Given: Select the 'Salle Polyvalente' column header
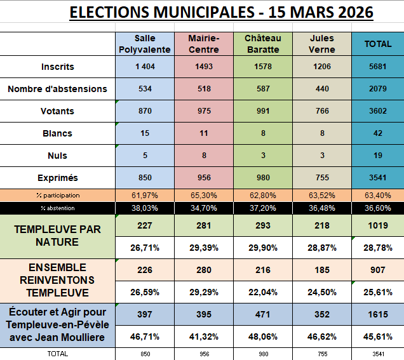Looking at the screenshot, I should coord(145,44).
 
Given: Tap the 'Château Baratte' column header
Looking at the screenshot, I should coord(263,44).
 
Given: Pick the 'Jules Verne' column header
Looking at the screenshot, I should coord(321,44).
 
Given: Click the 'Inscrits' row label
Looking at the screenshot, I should coord(58,67).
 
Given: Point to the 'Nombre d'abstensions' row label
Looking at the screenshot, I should coord(58,89).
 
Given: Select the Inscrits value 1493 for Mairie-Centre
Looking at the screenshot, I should coord(204,67).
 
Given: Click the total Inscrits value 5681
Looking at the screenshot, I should coord(377,67).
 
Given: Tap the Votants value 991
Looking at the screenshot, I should coord(263,111).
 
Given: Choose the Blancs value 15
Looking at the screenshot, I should coord(145,133).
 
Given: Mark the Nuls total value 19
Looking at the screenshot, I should coord(377,156).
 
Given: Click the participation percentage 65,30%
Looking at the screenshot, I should coord(204,196).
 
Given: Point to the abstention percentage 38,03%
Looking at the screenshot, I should coord(145,208).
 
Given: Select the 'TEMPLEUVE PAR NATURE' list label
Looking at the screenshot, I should coord(58,236).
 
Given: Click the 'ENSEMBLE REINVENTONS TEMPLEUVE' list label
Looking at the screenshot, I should coord(58,280).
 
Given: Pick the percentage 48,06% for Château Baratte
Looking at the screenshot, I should coord(263,337).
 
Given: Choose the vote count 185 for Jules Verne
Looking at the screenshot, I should coord(321,270).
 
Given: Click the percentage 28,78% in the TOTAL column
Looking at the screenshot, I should coord(377,247).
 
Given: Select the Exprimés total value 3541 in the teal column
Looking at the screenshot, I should coord(377,178).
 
